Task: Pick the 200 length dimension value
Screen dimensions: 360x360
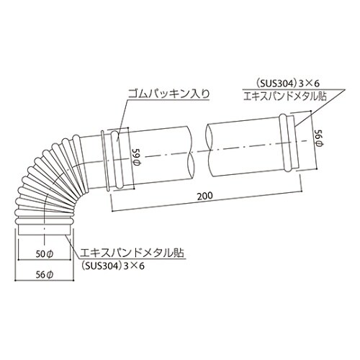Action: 204,195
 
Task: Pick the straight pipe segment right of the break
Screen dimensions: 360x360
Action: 245,148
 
